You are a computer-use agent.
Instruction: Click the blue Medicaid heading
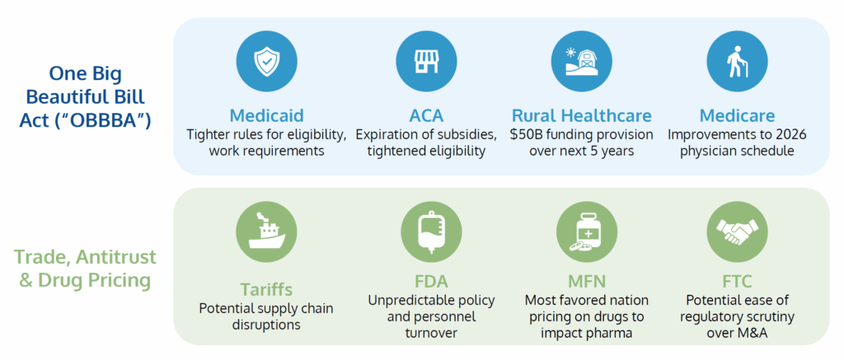(x=266, y=115)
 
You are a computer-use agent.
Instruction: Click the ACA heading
(x=426, y=115)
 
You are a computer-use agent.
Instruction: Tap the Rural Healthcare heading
(x=581, y=115)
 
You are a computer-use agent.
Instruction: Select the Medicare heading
(x=737, y=115)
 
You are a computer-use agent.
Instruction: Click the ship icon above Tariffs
(x=266, y=232)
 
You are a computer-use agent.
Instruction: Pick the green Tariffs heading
(x=266, y=289)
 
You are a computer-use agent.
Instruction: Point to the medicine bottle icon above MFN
(x=586, y=232)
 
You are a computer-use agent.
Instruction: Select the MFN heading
(x=587, y=282)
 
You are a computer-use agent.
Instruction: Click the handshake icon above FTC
(x=737, y=232)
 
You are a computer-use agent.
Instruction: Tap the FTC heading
(x=737, y=282)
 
